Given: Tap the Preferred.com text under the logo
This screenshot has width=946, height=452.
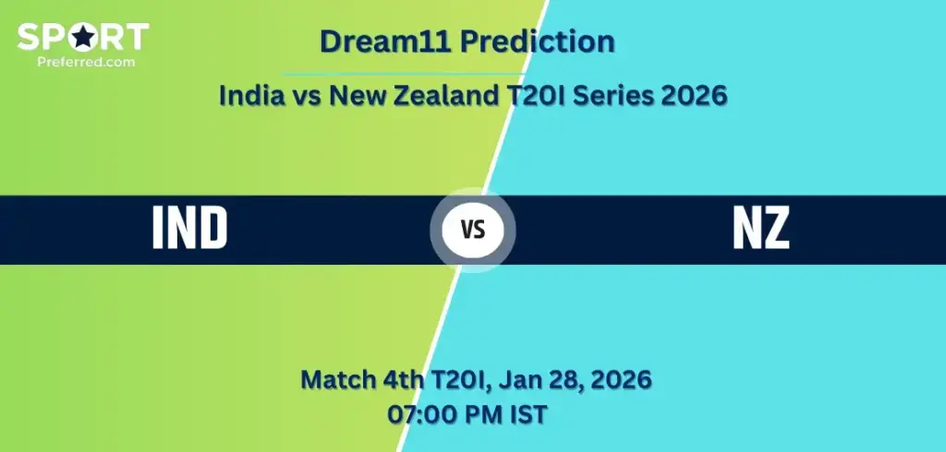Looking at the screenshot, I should click(83, 61).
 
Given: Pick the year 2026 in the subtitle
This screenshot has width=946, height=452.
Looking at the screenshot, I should click(696, 95).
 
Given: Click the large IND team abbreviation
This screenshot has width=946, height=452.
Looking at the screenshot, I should click(189, 229).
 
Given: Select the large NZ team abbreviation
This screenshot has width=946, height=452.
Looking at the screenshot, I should click(761, 229).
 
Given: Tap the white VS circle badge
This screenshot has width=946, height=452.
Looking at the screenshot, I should click(473, 230).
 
